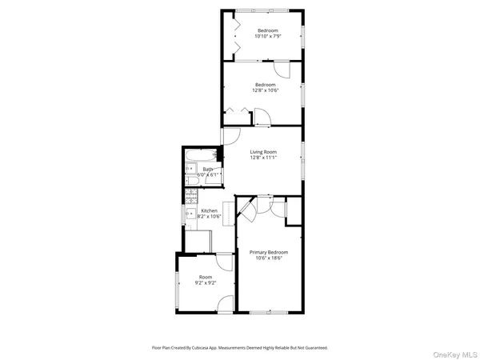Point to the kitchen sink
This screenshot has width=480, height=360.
coord(190,214)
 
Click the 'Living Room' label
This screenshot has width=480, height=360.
coord(263,152)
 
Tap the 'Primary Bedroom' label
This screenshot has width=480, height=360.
coord(268,252)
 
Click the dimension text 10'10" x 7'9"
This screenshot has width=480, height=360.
coord(268,36)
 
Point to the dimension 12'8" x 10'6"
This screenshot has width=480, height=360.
coord(266,90)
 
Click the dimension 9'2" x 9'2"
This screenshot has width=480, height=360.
coord(206,282)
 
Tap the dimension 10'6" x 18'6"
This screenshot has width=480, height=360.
coord(268,258)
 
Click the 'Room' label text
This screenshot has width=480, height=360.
coord(206,277)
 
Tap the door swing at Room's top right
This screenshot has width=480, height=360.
coord(225,263)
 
